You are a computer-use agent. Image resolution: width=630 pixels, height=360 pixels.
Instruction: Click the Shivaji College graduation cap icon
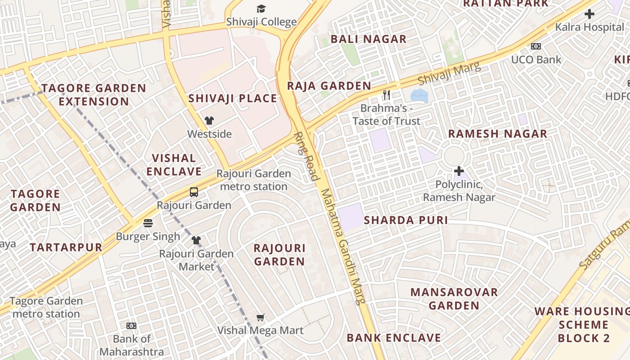coord(261,9)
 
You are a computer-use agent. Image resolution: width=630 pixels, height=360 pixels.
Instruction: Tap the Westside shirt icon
coord(209,120)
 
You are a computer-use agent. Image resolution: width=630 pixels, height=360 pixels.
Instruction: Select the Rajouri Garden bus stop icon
coord(193,192)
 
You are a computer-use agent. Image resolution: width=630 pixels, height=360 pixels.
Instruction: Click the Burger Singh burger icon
coord(148,223)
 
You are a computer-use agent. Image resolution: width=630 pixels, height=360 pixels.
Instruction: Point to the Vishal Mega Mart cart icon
coord(260,318)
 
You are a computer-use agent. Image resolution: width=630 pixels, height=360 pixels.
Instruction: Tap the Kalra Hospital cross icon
coord(589,14)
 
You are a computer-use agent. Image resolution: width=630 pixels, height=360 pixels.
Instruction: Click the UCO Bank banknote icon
coord(535,46)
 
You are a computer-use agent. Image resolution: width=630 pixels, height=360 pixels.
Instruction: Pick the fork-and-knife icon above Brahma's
coord(386,95)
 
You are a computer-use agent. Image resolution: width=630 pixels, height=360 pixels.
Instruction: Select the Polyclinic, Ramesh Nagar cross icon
coord(459,171)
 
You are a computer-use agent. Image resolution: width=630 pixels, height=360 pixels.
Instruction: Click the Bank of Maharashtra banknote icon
coord(131,325)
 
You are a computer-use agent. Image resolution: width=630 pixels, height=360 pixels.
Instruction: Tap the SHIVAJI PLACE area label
coord(233,98)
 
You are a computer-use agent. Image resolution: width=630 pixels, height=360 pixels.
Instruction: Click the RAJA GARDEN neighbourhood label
coord(329,85)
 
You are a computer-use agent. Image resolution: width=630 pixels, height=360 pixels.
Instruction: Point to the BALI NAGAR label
coord(369,39)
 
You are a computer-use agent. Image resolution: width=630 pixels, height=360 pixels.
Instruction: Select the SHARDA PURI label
coord(405,220)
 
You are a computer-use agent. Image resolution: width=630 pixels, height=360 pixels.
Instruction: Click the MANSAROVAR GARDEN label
coord(454,299)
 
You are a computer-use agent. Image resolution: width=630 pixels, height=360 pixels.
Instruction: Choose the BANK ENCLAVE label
coord(394,337)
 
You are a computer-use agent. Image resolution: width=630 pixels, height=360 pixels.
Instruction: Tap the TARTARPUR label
coord(66,247)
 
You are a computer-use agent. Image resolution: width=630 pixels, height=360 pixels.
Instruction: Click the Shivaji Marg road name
coord(449,74)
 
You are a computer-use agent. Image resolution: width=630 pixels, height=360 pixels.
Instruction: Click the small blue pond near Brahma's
coord(419,95)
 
